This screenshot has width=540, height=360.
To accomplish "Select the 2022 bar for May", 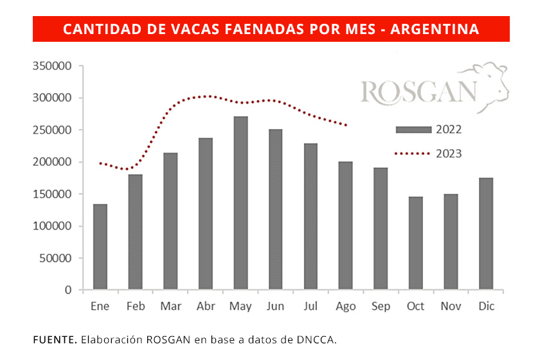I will [240, 203].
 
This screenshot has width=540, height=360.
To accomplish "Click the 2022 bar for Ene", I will [100, 247].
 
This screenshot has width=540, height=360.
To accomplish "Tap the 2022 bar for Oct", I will [416, 243].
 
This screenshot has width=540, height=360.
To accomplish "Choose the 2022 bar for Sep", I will [381, 229].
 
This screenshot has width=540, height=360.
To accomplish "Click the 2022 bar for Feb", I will [135, 232].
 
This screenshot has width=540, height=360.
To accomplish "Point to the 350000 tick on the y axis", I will [53, 66].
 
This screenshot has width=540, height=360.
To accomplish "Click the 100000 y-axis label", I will [53, 226].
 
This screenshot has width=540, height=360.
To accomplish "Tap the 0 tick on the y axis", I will [67, 291].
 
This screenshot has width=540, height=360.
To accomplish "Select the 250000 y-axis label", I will [53, 130].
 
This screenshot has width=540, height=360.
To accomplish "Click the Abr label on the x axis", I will [205, 307].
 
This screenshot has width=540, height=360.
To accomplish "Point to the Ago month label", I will [346, 307].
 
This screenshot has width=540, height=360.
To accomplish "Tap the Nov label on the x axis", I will [451, 307].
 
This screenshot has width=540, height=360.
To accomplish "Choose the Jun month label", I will [275, 307].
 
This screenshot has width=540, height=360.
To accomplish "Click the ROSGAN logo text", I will [419, 92].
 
